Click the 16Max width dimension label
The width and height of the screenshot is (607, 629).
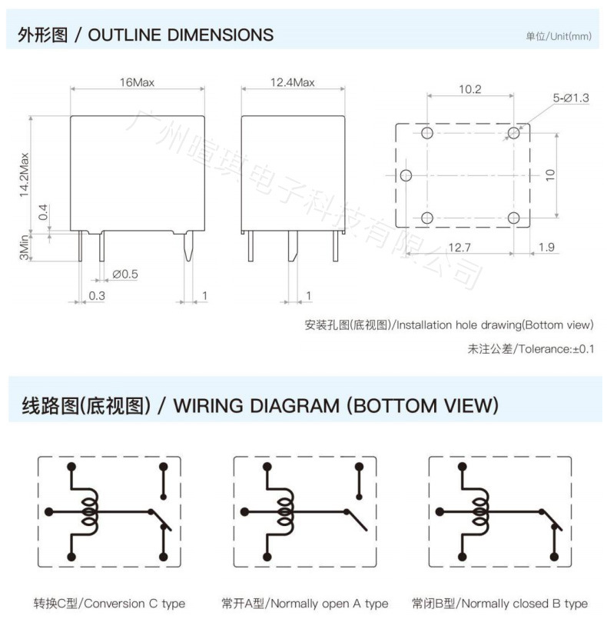click(138, 82)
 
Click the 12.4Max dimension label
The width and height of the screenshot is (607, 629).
click(292, 82)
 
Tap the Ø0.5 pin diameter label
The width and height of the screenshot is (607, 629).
click(125, 274)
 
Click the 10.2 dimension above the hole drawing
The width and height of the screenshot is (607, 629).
click(469, 90)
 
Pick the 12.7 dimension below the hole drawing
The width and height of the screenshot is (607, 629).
click(459, 247)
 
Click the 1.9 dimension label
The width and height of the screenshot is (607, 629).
click(546, 247)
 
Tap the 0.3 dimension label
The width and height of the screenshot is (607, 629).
click(97, 295)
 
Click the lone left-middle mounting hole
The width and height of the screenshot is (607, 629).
click(408, 175)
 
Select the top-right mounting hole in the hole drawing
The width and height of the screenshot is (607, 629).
click(513, 132)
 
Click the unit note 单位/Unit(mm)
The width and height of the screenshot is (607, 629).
click(559, 37)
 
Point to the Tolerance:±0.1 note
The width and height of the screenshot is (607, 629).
click(531, 349)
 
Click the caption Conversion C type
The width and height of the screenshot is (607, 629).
click(109, 604)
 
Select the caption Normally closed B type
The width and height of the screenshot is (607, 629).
click(499, 604)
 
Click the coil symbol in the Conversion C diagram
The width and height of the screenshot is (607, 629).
click(90, 511)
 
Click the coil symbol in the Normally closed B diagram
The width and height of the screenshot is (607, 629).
click(480, 511)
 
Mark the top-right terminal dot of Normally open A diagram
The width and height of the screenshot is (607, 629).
click(359, 467)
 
